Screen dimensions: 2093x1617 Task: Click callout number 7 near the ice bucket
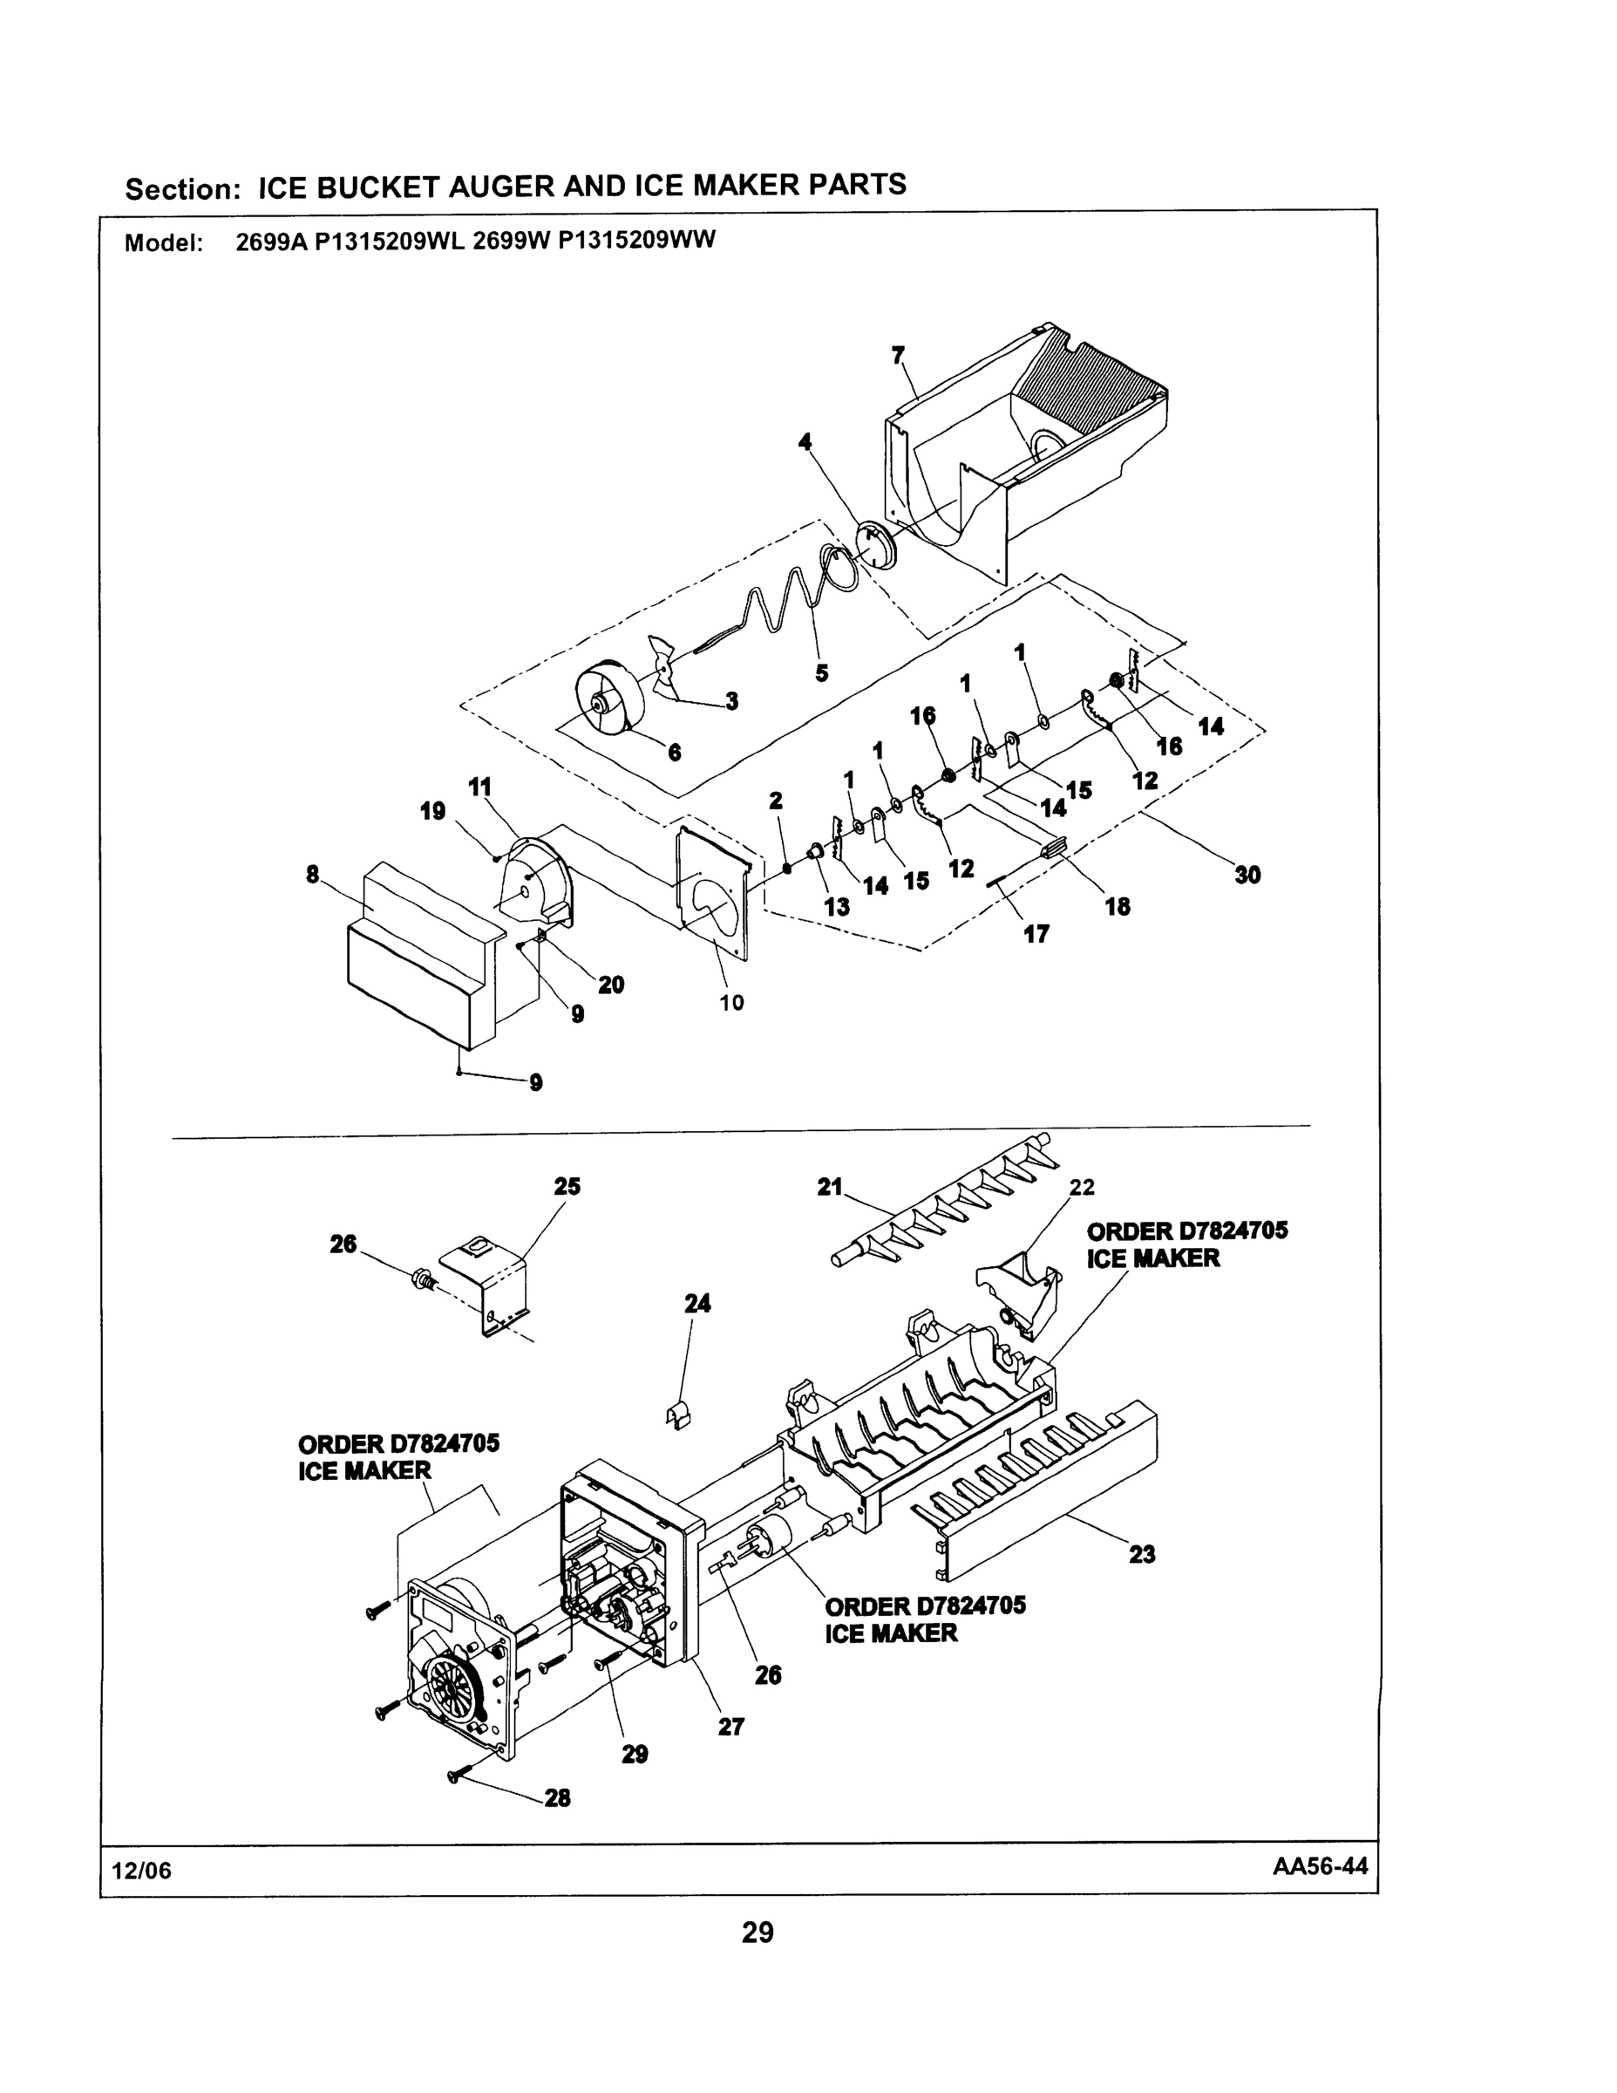pyautogui.click(x=898, y=356)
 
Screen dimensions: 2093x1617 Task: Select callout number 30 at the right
pyautogui.click(x=1247, y=874)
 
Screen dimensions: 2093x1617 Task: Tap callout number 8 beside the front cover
pyautogui.click(x=312, y=874)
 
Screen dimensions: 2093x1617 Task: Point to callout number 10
pyautogui.click(x=732, y=1004)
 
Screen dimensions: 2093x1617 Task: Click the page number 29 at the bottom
pyautogui.click(x=757, y=1932)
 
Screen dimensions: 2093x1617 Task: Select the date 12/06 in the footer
pyautogui.click(x=142, y=1871)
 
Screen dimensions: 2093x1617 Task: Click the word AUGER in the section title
pyautogui.click(x=502, y=186)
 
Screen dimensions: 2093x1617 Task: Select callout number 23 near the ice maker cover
pyautogui.click(x=1142, y=1553)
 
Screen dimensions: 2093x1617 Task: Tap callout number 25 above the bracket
pyautogui.click(x=567, y=1185)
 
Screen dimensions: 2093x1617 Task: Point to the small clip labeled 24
pyautogui.click(x=677, y=1415)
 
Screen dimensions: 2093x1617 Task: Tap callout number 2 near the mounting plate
pyautogui.click(x=776, y=801)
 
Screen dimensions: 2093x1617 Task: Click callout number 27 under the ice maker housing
pyautogui.click(x=730, y=1726)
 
